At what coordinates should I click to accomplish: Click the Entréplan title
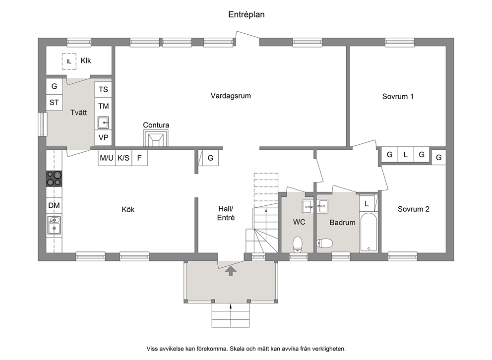[246, 15]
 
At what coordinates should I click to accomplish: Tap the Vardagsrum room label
[231, 96]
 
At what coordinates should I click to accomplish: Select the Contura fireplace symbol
[156, 138]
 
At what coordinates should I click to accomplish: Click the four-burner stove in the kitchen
[54, 179]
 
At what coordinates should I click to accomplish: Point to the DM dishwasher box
[54, 205]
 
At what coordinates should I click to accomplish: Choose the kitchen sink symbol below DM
[54, 225]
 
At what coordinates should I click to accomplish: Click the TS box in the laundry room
[103, 90]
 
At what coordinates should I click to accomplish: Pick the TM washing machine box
[103, 106]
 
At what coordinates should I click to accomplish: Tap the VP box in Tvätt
[103, 138]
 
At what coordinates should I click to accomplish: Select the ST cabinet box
[54, 102]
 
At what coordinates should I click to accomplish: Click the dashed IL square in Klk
[69, 61]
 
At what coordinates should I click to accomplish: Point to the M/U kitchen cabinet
[106, 158]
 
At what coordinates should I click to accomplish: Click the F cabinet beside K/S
[139, 158]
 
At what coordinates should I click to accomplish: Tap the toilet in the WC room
[298, 244]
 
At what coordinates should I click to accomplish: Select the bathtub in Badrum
[369, 232]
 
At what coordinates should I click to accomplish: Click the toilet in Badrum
[324, 243]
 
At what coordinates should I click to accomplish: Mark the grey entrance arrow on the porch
[231, 271]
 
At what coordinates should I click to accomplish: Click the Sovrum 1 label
[398, 97]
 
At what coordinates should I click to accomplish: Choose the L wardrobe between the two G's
[405, 155]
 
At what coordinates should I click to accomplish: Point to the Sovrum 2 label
[414, 209]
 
